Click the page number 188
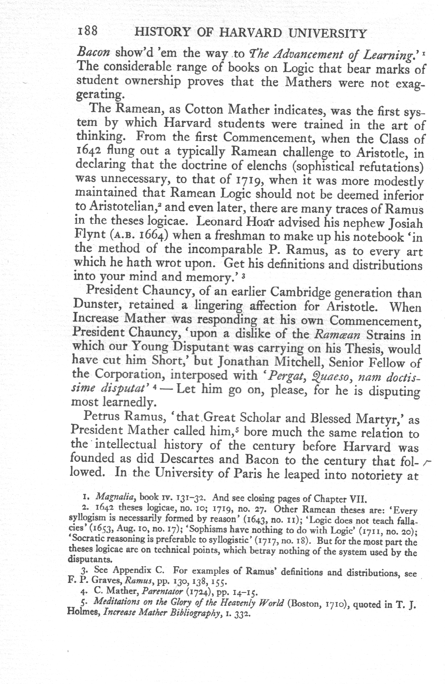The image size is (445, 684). [87, 32]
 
